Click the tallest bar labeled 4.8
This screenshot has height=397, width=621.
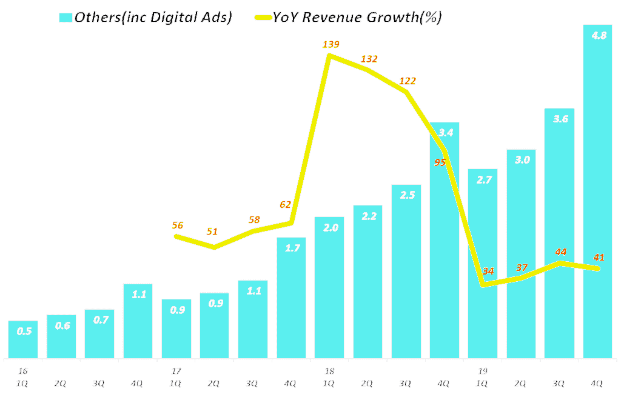pos(597,194)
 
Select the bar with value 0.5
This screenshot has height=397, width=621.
pos(23,339)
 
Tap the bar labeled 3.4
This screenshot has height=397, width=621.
pos(445,242)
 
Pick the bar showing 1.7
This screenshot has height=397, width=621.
pos(291,297)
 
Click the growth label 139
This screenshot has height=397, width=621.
pos(331,44)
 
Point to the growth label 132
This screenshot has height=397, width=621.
pos(369,59)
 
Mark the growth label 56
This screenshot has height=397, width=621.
pos(178,225)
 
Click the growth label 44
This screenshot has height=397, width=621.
pos(560,252)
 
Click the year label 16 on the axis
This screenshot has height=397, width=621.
pos(23,371)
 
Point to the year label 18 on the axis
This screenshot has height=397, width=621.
pos(329,371)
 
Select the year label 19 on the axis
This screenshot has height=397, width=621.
pos(483,371)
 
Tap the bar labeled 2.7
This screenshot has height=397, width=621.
pos(483,264)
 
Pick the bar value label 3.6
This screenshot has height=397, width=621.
pos(560,119)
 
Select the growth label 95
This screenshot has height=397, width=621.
pos(440,162)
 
